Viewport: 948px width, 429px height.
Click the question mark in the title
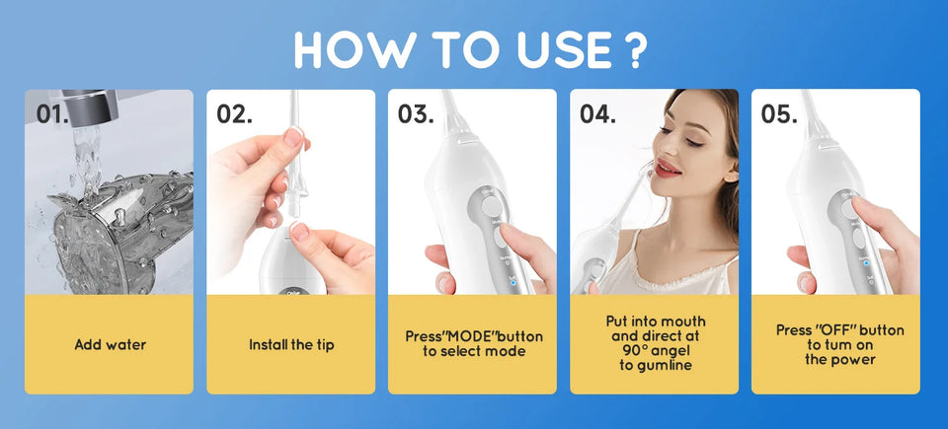(637, 49)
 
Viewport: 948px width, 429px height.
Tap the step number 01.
(52, 113)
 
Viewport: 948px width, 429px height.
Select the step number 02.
(234, 113)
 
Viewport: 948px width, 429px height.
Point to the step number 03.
(416, 113)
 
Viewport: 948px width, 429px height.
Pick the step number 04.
(597, 113)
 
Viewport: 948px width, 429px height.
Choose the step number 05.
(779, 113)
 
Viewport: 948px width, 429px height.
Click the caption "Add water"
(110, 345)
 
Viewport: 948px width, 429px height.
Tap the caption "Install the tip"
(291, 345)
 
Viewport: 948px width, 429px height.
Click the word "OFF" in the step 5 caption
(840, 330)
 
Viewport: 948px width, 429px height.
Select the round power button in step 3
(490, 204)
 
